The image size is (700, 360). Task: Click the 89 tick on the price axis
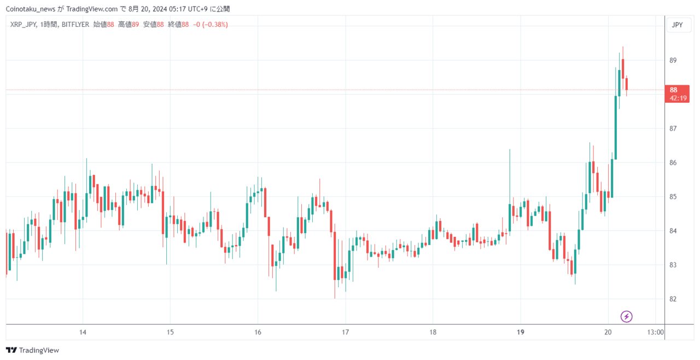point(673,60)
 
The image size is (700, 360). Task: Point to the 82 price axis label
point(673,299)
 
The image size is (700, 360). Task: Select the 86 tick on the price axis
point(673,162)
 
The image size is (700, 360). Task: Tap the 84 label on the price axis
point(673,231)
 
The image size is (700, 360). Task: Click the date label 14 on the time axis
point(83,332)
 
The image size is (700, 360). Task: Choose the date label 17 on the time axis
point(345,332)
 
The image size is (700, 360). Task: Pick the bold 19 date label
point(520,332)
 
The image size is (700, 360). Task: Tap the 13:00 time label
point(655,332)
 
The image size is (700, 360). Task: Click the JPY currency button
point(677,25)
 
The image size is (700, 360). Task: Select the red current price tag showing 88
point(677,94)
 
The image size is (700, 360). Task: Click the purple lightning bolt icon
point(626,317)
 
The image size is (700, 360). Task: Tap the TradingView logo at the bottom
point(32,350)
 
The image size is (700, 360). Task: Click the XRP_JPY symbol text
point(23,25)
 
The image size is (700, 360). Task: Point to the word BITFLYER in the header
point(75,25)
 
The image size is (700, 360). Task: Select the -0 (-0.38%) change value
point(211,25)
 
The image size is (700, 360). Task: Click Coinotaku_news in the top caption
point(31,9)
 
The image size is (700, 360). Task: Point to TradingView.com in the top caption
point(92,9)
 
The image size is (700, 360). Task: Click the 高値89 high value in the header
point(129,25)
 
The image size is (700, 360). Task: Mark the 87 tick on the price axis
point(673,129)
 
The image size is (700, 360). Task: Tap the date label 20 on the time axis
point(608,332)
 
